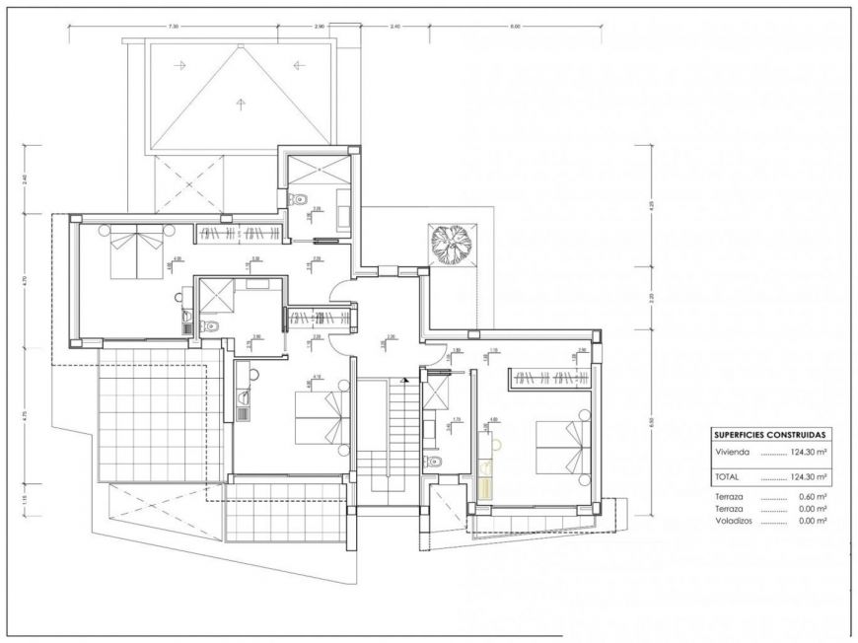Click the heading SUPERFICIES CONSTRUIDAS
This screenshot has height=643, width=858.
tap(769, 433)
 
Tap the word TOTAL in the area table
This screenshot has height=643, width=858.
tap(727, 475)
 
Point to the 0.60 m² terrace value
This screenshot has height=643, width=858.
tap(812, 498)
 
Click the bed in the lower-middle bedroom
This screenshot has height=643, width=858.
tap(322, 414)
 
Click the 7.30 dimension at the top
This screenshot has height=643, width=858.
tap(174, 27)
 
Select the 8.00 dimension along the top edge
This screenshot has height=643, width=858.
tap(514, 27)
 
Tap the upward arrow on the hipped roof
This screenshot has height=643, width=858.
tap(239, 100)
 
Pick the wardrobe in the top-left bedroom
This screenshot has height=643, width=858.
tap(241, 233)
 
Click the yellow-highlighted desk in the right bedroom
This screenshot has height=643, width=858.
tap(484, 480)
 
